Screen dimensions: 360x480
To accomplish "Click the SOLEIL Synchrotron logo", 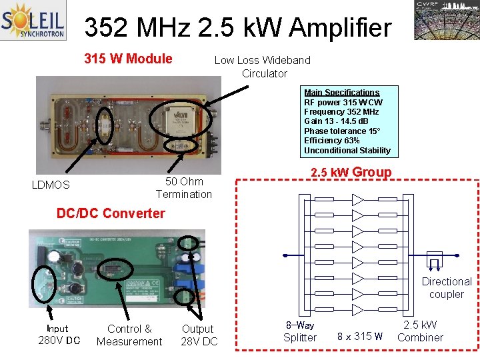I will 33,21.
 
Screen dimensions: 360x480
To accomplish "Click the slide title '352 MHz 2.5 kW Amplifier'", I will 238,28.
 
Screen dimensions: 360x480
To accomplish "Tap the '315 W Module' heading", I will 128,59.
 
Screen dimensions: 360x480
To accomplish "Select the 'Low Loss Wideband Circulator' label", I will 263,67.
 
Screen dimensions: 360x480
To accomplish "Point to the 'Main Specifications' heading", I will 341,93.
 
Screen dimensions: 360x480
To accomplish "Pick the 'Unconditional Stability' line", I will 347,150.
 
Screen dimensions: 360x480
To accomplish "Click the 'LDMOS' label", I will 51,185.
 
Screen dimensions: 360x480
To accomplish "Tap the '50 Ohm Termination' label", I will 184,187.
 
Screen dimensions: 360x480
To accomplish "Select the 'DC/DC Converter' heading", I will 111,213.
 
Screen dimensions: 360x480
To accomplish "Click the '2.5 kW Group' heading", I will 351,173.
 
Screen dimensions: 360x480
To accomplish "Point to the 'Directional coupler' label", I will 446,288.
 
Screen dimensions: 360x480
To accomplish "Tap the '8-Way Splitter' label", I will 300,331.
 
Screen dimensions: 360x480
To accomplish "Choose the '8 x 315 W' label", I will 360,336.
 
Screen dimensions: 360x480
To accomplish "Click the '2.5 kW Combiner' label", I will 420,331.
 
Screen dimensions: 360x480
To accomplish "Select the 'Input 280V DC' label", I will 59,335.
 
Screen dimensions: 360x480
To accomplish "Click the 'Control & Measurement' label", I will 129,335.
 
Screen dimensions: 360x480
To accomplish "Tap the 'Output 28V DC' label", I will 199,335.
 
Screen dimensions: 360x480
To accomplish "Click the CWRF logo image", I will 445,21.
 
